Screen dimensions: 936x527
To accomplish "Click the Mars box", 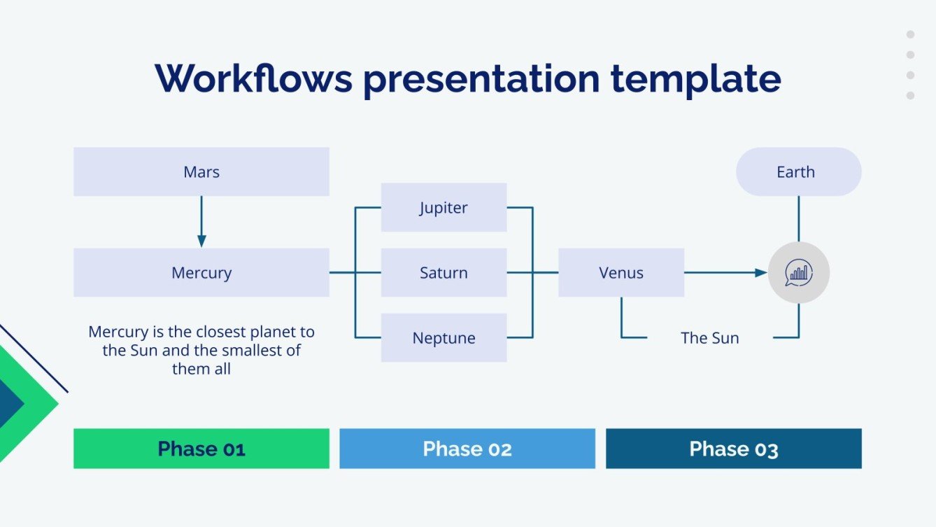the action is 201,171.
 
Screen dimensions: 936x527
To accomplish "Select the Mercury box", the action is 201,272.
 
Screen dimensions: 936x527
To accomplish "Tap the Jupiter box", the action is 444,207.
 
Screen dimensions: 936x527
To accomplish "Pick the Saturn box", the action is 444,272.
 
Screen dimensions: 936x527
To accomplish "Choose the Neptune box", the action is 444,337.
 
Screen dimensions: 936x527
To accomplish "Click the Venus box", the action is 621,272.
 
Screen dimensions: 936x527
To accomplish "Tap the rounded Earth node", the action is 798,171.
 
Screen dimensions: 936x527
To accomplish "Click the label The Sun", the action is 710,337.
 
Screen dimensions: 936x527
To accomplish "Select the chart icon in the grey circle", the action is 798,273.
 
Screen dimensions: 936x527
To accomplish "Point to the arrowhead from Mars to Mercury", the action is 201,241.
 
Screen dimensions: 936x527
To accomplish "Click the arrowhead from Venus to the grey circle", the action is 761,273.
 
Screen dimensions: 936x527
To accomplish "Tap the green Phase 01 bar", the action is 201,449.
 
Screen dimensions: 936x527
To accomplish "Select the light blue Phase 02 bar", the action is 467,449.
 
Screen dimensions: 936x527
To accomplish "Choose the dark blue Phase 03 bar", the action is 734,449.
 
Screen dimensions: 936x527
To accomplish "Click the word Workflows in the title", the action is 254,78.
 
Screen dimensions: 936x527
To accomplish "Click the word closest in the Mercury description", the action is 220,332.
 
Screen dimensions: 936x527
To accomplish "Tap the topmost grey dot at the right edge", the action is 911,34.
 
